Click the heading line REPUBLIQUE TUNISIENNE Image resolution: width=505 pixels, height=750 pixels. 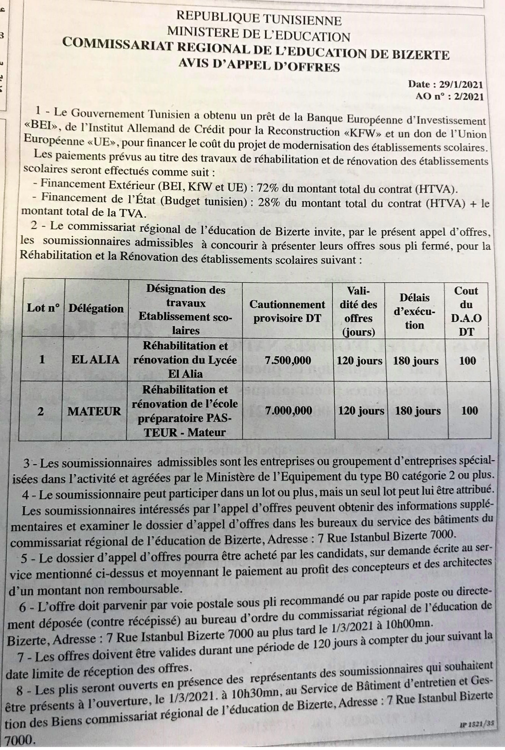259,18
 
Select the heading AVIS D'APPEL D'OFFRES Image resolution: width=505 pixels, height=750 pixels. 259,66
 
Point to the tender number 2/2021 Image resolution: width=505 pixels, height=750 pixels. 469,97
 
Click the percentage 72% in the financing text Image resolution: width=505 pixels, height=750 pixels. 265,188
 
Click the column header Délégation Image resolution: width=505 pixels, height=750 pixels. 96,309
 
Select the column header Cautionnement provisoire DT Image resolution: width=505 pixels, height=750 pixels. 287,311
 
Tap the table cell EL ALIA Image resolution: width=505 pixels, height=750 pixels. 96,360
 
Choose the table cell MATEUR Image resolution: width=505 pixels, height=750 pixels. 94,411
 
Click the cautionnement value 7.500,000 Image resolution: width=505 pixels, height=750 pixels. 288,360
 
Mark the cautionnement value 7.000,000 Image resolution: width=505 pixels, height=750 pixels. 288,410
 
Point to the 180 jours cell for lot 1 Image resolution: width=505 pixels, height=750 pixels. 416,361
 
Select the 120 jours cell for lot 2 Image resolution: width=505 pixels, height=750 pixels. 361,411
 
